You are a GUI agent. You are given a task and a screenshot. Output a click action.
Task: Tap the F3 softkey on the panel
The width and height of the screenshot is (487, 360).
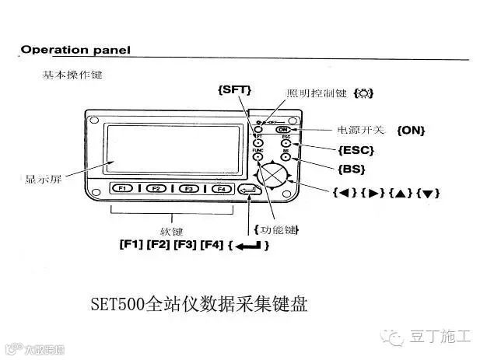pos(187,188)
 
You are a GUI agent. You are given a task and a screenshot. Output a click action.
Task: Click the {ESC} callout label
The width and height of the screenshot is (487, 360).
pos(356,149)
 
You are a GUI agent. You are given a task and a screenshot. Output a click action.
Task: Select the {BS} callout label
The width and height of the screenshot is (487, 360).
pos(351,168)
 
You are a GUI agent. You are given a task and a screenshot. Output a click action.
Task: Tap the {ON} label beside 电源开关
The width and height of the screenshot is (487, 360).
pos(411,130)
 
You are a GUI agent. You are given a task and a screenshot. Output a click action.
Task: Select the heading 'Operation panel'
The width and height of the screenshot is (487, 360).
pos(75,50)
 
